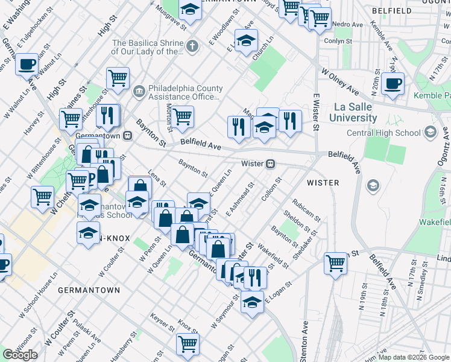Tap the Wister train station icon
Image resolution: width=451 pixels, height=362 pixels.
point(271,164)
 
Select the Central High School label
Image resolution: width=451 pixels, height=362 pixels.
point(383,133)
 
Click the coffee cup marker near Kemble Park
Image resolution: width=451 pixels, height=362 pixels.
point(393,84)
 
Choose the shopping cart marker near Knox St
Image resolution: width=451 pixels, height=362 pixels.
point(188,344)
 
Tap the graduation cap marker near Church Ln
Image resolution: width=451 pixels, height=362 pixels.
point(246,40)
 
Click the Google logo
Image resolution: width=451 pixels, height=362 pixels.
point(20,354)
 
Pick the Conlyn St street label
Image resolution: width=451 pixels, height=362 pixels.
point(337,41)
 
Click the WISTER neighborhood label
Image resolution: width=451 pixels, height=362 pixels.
point(323,182)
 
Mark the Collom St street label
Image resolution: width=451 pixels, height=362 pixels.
point(272,189)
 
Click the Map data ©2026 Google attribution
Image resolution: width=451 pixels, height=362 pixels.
point(414,357)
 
